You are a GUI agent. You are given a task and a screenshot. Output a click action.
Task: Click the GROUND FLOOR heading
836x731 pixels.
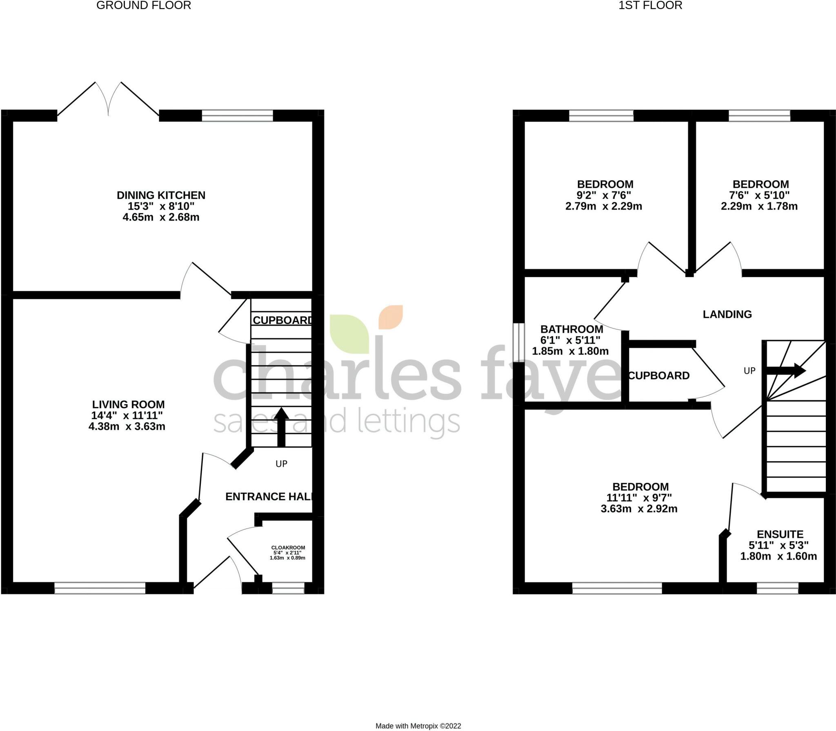click(144, 5)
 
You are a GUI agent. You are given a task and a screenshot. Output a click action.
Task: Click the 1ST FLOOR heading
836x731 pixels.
click(650, 5)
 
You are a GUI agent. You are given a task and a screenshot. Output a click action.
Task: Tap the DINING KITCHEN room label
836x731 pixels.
click(161, 195)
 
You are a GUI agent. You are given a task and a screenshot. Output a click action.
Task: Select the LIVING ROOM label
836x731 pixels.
click(128, 404)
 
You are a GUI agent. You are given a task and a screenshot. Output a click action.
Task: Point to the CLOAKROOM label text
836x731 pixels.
click(288, 547)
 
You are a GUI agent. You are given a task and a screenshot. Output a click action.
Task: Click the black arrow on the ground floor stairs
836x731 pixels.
click(281, 427)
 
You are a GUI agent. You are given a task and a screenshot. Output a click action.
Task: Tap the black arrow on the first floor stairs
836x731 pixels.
click(786, 371)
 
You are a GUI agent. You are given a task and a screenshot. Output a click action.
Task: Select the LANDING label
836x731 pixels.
click(727, 314)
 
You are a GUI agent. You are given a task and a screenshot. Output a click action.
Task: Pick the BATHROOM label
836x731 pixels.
click(571, 329)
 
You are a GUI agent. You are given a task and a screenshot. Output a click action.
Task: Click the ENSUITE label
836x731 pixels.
click(780, 534)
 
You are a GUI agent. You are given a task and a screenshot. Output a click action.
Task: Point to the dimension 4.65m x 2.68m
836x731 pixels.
click(161, 217)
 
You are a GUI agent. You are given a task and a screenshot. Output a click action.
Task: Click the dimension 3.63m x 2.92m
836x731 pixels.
click(639, 509)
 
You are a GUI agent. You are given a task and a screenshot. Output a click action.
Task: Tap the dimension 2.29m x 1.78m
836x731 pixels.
click(759, 206)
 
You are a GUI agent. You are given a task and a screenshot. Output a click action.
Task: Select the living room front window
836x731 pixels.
click(100, 588)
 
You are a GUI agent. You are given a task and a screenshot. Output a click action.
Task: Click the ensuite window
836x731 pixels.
click(777, 588)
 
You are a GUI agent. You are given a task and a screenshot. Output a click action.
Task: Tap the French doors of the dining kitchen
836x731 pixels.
click(108, 100)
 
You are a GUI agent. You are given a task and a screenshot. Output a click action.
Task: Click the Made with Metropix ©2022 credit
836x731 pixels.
click(418, 726)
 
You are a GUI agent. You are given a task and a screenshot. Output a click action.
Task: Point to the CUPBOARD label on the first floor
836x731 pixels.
click(658, 375)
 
